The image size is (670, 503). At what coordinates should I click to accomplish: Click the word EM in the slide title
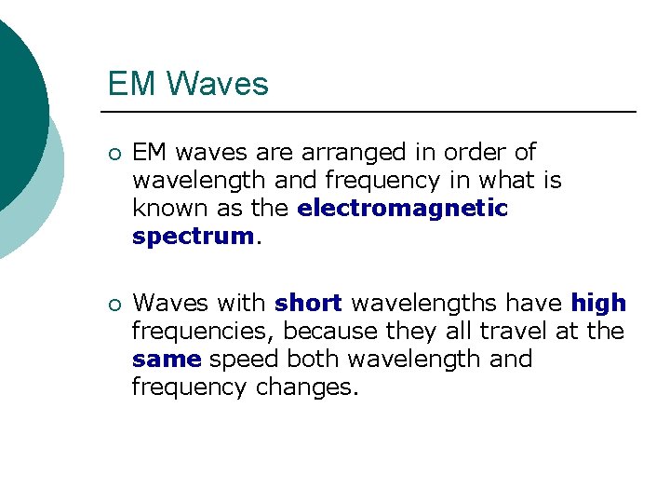127,84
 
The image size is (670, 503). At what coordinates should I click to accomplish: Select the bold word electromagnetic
403,209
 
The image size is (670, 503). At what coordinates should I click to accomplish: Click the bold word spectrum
193,237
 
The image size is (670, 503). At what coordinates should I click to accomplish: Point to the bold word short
309,304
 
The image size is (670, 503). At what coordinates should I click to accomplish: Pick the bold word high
598,304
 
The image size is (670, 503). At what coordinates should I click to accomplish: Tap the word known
167,209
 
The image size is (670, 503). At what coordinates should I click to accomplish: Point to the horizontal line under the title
372,112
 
